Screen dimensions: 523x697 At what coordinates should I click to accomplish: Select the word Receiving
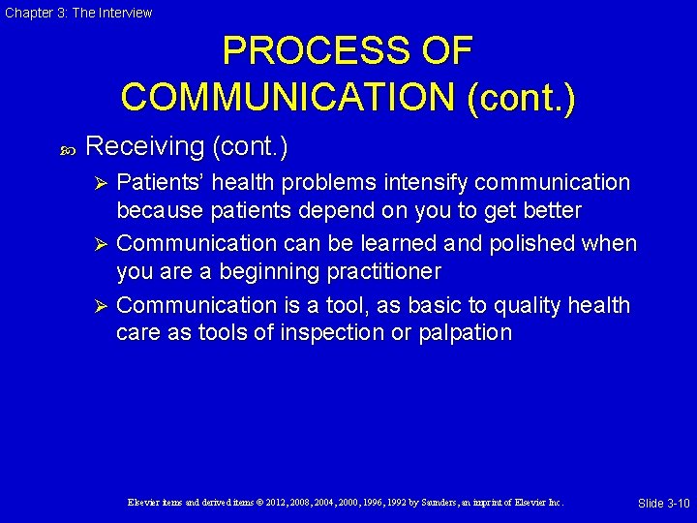click(144, 146)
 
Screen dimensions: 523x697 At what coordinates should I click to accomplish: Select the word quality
click(530, 305)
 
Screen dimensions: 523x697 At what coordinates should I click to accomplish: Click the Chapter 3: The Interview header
click(77, 13)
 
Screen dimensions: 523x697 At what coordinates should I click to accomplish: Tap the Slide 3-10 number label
click(663, 504)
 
